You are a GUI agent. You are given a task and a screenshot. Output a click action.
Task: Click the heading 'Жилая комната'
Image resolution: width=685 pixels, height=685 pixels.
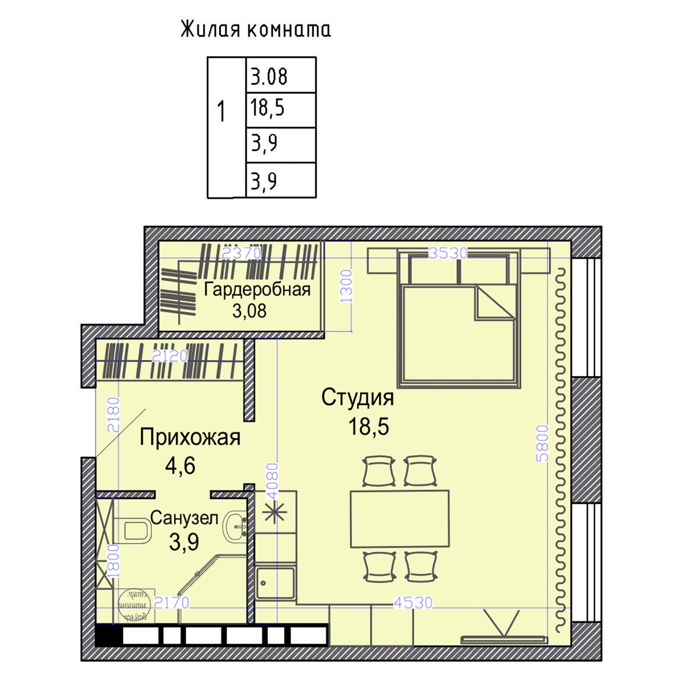[256, 30]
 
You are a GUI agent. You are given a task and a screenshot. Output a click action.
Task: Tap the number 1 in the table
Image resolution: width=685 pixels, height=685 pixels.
[221, 112]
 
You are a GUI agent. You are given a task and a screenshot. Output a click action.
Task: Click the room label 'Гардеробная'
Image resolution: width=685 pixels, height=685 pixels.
[257, 289]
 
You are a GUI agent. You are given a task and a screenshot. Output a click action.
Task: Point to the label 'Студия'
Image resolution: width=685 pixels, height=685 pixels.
[357, 398]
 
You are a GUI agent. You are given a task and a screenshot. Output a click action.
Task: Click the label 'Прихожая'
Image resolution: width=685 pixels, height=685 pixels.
[190, 438]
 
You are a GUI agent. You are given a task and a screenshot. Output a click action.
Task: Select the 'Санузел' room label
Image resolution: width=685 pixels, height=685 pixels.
[184, 518]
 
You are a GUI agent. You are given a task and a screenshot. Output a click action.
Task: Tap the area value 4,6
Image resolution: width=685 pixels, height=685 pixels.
[180, 466]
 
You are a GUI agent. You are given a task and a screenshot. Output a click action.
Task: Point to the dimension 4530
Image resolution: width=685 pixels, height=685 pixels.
[413, 602]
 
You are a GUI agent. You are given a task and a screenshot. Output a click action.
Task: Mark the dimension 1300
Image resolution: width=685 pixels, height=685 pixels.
[346, 285]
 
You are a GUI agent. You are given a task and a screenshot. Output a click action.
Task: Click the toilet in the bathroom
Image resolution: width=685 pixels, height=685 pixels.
[132, 530]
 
